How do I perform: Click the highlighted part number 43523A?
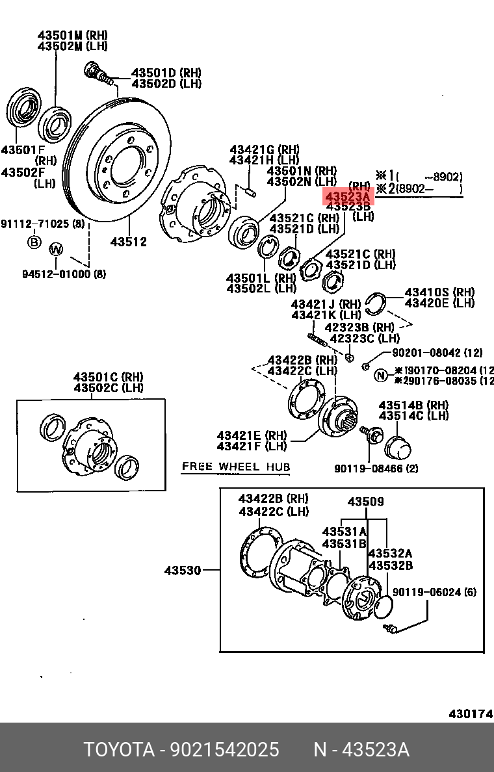click(x=348, y=196)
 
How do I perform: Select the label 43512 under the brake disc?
click(x=128, y=242)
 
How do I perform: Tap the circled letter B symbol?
click(x=33, y=242)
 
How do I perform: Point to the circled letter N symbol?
click(x=381, y=375)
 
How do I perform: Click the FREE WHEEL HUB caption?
click(x=236, y=467)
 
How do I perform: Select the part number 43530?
click(x=183, y=571)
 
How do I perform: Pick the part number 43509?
click(x=365, y=502)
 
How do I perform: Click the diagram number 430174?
click(x=470, y=714)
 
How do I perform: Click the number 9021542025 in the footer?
click(x=224, y=750)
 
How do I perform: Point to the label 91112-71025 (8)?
click(x=42, y=224)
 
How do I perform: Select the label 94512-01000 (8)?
click(x=64, y=274)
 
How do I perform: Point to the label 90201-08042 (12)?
click(x=437, y=353)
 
